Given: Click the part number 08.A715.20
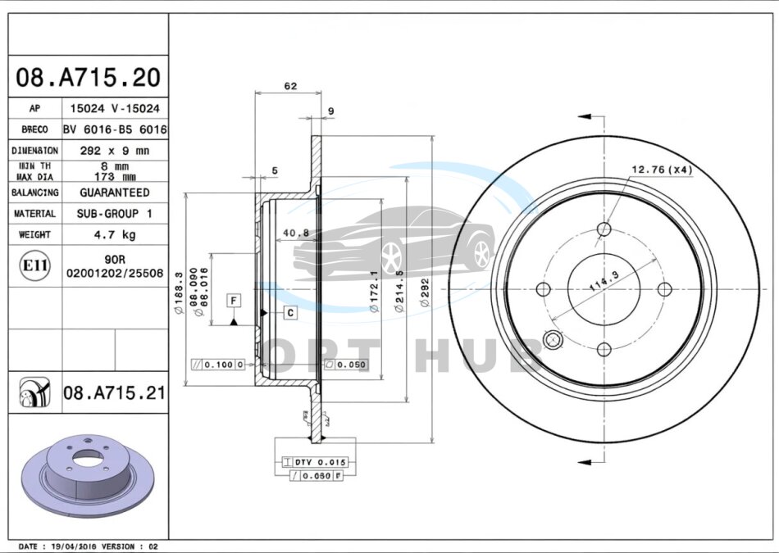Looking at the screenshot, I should click(88, 79).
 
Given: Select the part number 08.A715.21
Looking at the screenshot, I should click(114, 393).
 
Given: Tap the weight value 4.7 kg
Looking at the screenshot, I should click(114, 234).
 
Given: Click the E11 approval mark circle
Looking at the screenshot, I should click(34, 265).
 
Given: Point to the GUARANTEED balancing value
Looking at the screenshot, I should click(114, 193).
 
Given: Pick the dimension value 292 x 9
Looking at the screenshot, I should click(114, 151).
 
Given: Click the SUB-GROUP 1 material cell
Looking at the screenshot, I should click(114, 213).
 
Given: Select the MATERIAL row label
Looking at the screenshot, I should click(35, 213).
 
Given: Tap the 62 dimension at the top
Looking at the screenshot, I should click(290, 85).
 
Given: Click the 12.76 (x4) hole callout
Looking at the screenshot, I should click(662, 170).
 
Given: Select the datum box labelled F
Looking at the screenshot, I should click(234, 301).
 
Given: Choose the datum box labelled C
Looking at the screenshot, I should click(290, 312).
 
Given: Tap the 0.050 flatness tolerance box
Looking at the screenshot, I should click(347, 365).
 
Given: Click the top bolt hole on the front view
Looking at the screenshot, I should click(604, 229).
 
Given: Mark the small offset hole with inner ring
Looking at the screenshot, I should click(552, 339).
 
